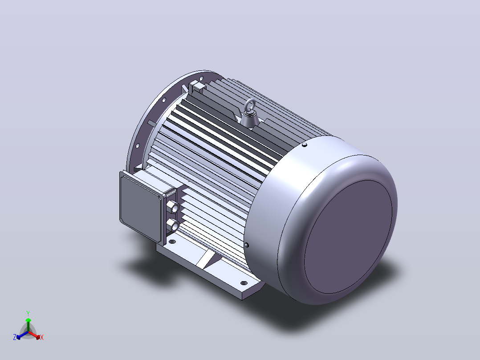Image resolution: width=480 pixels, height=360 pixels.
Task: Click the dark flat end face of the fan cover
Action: coord(348,237)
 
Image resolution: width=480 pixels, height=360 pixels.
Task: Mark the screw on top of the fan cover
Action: coord(304,145)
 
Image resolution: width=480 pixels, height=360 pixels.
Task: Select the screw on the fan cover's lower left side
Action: coord(247,245)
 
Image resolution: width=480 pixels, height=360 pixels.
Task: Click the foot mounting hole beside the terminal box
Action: coord(172,242)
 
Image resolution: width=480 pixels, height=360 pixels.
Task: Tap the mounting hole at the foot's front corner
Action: coord(244,283)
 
